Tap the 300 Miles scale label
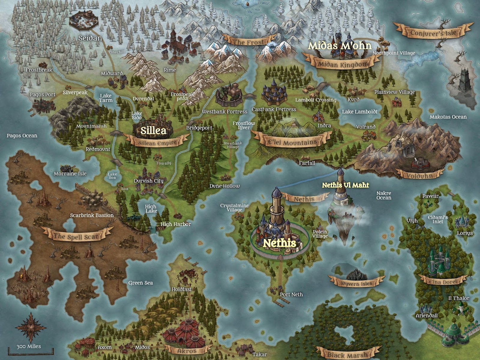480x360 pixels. (x=29, y=346)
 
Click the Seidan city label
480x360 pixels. (x=90, y=38)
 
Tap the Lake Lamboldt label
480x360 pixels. (x=360, y=112)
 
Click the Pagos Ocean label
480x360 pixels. (x=22, y=136)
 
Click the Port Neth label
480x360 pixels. (x=291, y=295)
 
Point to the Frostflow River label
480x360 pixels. (x=244, y=125)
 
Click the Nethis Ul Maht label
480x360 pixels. (x=345, y=185)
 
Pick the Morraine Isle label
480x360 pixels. (x=70, y=174)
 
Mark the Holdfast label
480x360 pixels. (x=181, y=289)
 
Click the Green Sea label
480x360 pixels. (x=140, y=283)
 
